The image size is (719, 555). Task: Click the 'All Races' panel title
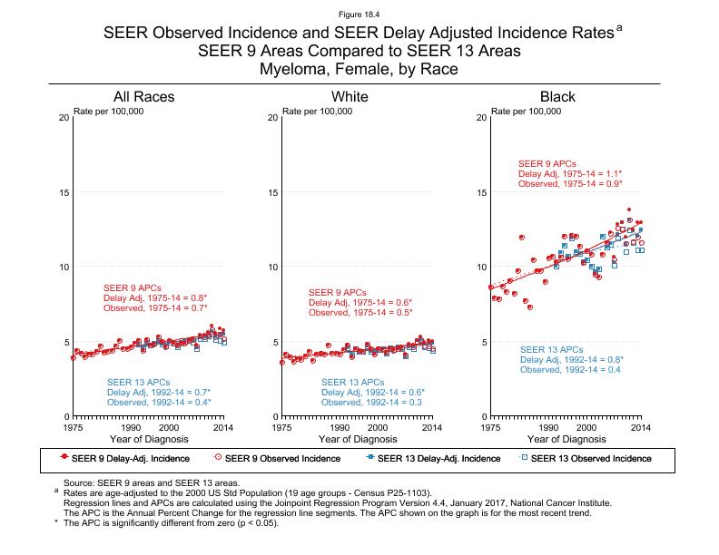[143, 97]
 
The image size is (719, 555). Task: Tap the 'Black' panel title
[557, 97]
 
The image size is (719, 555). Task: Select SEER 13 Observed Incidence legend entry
[590, 458]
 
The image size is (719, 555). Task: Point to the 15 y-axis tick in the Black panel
[480, 192]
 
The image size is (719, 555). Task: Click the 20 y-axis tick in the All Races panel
[63, 118]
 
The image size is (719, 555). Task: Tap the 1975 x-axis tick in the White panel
[282, 426]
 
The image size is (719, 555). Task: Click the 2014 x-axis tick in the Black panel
[641, 426]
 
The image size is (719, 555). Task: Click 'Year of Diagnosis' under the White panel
[357, 439]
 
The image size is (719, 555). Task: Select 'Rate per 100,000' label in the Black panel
[526, 112]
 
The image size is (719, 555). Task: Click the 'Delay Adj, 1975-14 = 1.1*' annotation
[569, 173]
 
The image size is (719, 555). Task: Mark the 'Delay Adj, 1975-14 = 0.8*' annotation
[155, 297]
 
